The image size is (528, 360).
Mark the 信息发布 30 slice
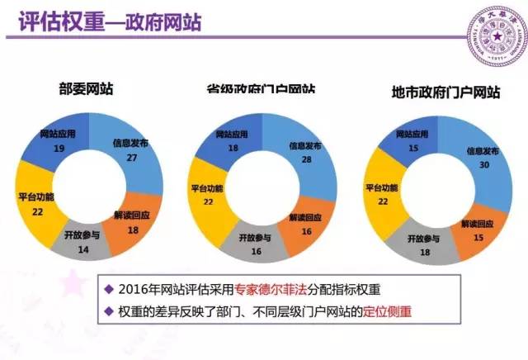pyautogui.click(x=481, y=159)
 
